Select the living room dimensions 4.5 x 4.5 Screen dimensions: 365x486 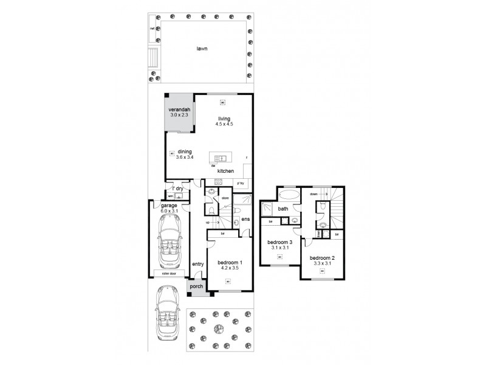pos(224,124)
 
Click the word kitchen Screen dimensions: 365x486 pos(225,171)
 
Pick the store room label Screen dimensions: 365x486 pos(224,197)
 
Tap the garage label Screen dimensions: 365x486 pos(169,206)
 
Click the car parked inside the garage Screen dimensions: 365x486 pos(168,242)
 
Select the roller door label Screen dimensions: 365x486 pos(168,274)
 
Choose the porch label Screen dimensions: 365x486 pos(196,287)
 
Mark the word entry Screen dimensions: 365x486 pos(197,263)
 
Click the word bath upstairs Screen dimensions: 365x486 pos(283,209)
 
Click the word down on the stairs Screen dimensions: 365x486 pos(313,195)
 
